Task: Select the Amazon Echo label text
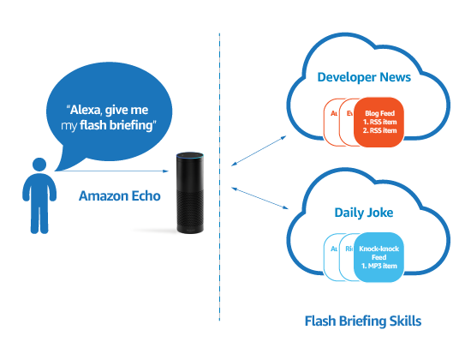tap(119, 195)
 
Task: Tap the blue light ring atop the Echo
tap(191, 158)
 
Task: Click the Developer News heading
tap(363, 77)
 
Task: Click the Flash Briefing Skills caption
tap(363, 322)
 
